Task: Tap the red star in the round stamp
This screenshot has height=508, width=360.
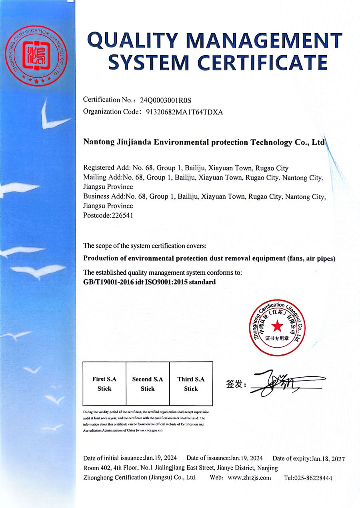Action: tap(276, 327)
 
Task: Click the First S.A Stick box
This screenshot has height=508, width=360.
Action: tap(104, 384)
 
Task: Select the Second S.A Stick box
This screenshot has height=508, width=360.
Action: tap(148, 384)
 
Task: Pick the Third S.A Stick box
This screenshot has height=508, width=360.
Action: tap(191, 384)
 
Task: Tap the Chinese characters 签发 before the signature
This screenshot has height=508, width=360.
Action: tap(235, 384)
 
